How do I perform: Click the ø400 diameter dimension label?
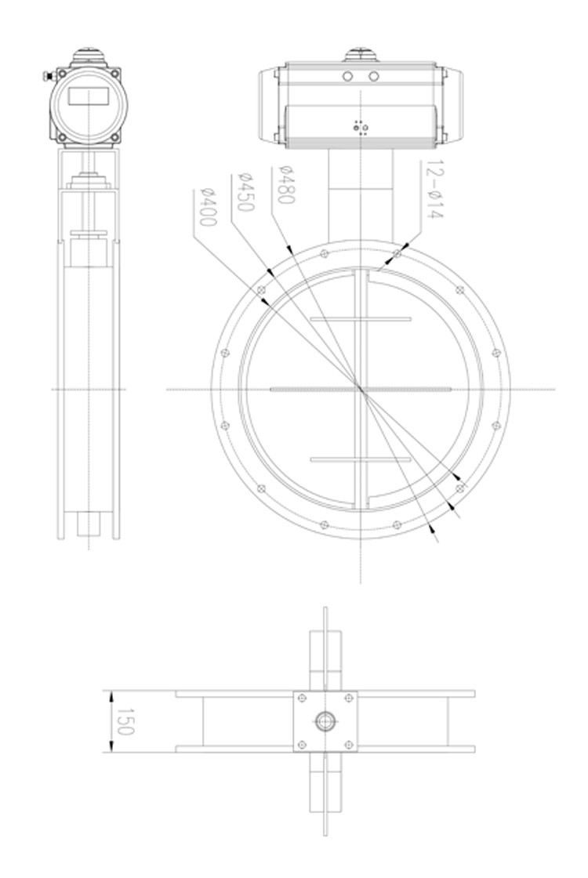[208, 207]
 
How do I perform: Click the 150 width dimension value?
[124, 721]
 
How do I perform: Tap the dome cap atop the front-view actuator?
[359, 56]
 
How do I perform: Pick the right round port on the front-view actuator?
[374, 76]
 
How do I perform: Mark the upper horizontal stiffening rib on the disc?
[361, 319]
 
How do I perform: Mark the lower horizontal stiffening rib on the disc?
[361, 459]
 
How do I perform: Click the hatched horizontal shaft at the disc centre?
[360, 389]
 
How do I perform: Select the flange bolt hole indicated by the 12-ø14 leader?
[397, 253]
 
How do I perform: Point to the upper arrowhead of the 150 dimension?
[111, 694]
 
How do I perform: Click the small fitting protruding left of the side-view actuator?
[45, 76]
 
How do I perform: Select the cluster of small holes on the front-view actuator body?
[360, 127]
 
